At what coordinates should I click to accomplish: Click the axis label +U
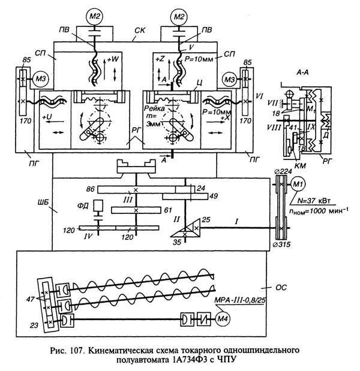click(x=48, y=112)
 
